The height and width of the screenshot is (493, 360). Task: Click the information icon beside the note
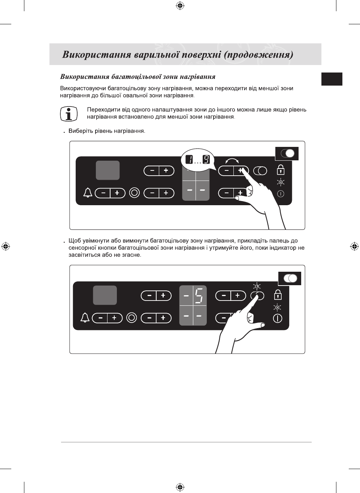(x=69, y=114)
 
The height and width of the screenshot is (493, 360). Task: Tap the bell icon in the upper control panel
(x=88, y=193)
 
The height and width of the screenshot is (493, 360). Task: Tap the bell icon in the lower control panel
(x=85, y=318)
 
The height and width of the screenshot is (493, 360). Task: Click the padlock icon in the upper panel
(x=281, y=170)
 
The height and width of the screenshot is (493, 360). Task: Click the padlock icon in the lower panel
(x=278, y=295)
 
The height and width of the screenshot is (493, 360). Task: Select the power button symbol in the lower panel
(x=278, y=318)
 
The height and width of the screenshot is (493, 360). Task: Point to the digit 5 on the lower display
(x=199, y=295)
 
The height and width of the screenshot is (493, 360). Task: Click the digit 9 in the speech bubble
(x=206, y=160)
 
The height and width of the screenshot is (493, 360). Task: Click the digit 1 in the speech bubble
(x=190, y=160)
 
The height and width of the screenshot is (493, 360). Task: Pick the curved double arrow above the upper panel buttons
(x=232, y=161)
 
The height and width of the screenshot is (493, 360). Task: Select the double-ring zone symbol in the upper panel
(x=134, y=193)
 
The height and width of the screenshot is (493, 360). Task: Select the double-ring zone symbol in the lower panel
(x=131, y=318)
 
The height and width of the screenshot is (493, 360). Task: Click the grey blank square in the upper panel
(x=108, y=170)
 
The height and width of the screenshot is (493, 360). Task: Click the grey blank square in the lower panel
(x=105, y=295)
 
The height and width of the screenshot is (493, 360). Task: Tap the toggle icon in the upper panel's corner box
(x=287, y=153)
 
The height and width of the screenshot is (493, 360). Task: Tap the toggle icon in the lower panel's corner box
(x=290, y=278)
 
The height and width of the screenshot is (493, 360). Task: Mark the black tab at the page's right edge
(x=332, y=79)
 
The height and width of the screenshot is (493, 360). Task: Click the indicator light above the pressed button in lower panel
(x=257, y=287)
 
